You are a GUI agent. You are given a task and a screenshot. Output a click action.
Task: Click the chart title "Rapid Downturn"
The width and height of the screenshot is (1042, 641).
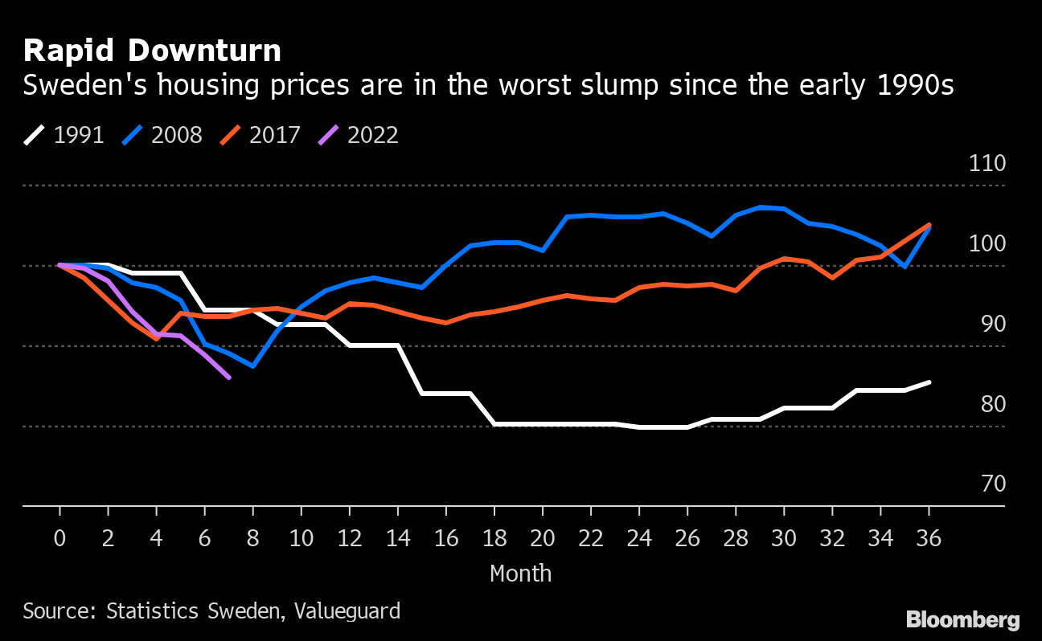tap(152, 51)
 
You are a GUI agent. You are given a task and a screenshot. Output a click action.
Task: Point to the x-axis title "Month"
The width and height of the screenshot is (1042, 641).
tap(520, 574)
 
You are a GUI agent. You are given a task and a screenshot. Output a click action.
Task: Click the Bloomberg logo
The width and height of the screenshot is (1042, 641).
tap(962, 619)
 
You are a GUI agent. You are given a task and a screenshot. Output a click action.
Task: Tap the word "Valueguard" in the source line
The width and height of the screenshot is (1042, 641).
tap(347, 610)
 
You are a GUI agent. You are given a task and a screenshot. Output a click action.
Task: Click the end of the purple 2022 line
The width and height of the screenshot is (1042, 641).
tap(229, 378)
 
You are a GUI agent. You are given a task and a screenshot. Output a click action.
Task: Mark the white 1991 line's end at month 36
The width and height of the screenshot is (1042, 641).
tap(929, 382)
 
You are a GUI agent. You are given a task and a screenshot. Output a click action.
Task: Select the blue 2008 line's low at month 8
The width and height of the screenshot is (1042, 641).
tap(253, 366)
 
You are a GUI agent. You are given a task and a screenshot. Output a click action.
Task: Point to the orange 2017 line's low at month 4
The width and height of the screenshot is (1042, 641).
tap(157, 339)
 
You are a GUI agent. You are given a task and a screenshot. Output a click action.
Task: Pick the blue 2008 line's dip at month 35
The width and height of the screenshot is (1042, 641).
tap(905, 267)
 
